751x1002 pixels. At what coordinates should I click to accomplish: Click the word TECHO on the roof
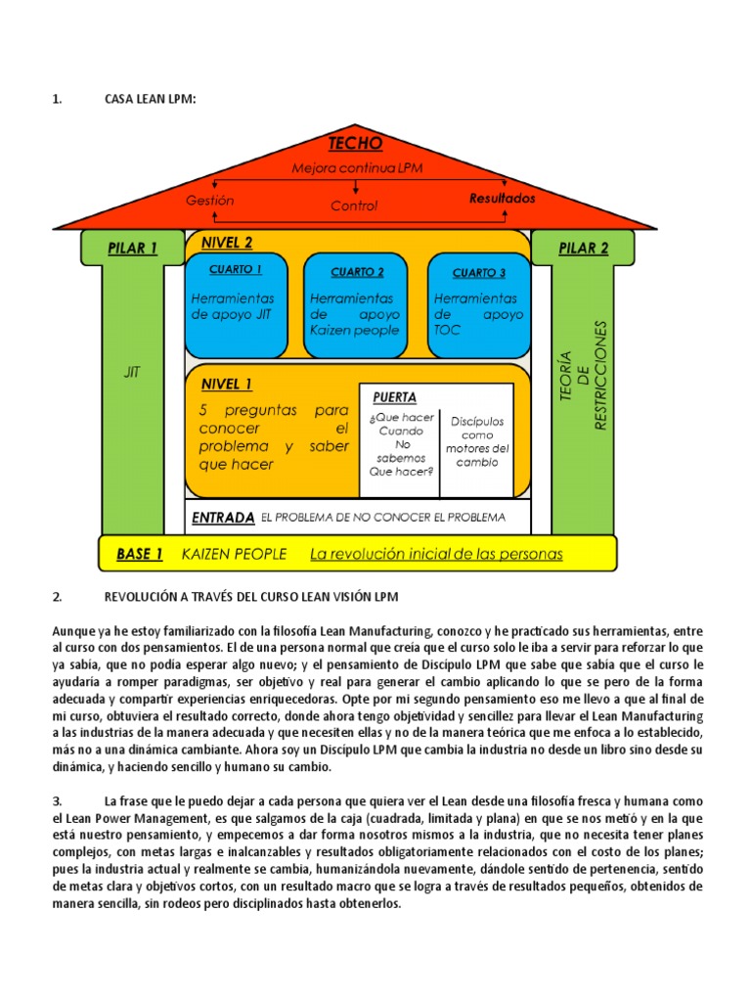point(355,144)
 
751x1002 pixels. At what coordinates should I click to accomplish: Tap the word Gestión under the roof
point(210,200)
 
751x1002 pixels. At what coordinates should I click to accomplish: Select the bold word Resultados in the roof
point(503,198)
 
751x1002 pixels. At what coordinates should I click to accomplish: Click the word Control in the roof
point(353,205)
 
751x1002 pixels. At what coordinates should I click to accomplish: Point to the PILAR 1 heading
point(132,249)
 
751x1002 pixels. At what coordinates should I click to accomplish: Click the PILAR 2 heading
point(583,249)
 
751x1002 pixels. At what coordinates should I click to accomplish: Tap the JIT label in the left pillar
point(132,372)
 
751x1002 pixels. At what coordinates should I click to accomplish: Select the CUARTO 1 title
point(236,269)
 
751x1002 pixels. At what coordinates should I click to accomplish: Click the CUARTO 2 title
point(357,272)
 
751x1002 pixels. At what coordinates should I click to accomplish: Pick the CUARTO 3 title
point(479,273)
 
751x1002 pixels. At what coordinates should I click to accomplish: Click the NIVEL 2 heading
point(226,243)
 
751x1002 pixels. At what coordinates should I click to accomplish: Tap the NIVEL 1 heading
point(226,384)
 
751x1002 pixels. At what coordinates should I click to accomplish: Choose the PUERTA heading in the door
point(394,397)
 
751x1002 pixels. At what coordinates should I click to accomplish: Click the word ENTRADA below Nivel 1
point(223,517)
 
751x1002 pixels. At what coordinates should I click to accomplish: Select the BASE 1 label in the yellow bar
point(139,554)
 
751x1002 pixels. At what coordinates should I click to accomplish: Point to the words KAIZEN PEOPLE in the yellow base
point(235,554)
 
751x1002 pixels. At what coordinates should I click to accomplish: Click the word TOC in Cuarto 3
point(447,331)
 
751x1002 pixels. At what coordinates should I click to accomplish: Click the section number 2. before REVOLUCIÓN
point(58,596)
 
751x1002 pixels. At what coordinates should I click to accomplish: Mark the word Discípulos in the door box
point(477,422)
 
